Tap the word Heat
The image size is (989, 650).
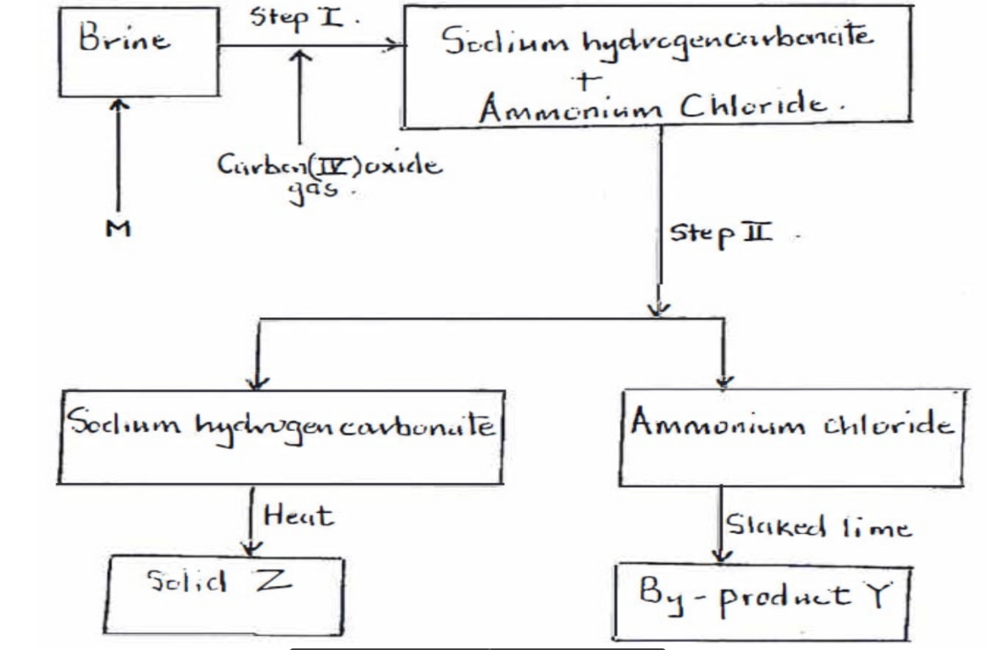point(299,517)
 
